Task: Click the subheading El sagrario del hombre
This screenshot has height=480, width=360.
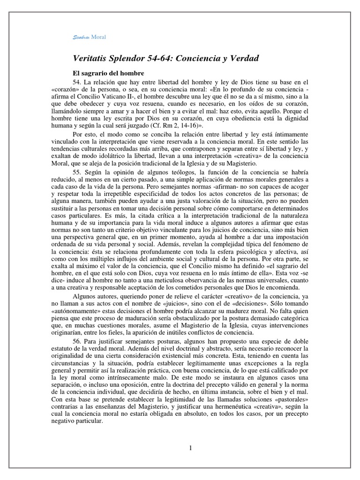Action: (x=108, y=74)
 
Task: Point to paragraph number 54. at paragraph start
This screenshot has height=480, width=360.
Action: (x=77, y=83)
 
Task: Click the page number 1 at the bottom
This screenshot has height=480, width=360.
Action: (x=190, y=448)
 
